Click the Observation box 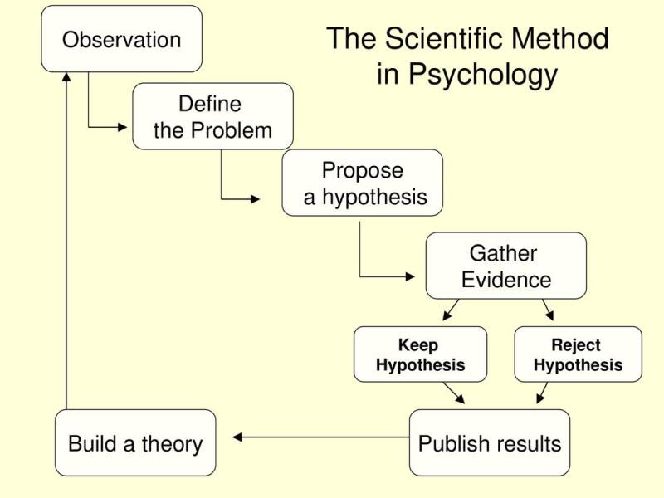[122, 39]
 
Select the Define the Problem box [212, 116]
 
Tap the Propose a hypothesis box [362, 183]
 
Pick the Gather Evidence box [505, 266]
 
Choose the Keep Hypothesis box [420, 354]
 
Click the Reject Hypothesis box [578, 354]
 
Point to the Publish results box [490, 442]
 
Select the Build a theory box [135, 442]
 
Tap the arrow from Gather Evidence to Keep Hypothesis [451, 310]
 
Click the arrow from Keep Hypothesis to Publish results [454, 393]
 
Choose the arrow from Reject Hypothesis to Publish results [542, 393]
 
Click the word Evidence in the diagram [506, 280]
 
